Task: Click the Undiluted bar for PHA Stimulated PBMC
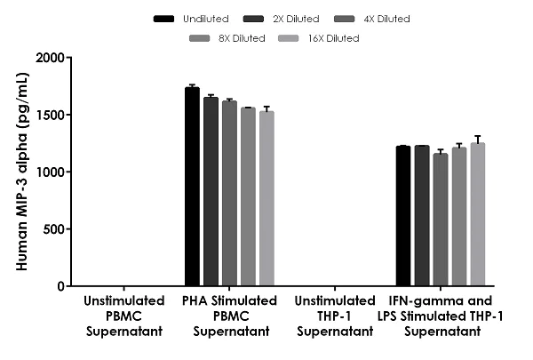point(192,187)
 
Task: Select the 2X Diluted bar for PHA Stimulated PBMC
point(211,192)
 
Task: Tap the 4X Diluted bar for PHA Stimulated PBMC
point(229,194)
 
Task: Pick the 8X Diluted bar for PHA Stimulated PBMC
point(248,197)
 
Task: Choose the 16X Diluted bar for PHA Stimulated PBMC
point(266,199)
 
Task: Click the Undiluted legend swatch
point(163,18)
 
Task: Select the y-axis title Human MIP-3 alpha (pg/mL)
point(20,172)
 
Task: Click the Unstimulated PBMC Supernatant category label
point(123,315)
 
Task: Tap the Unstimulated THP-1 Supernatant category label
point(335,315)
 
